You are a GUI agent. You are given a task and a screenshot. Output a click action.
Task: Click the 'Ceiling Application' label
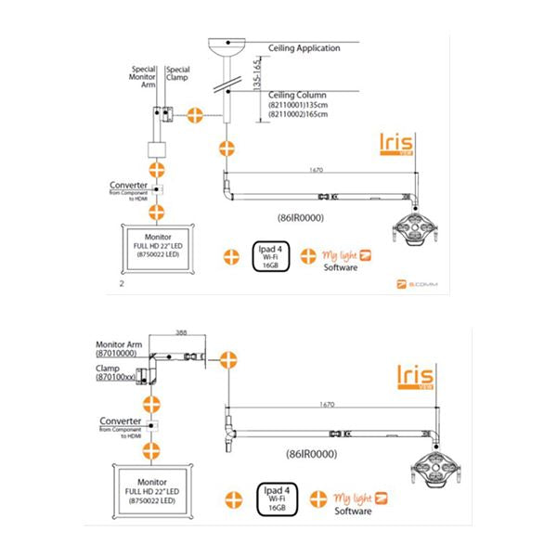coord(304,47)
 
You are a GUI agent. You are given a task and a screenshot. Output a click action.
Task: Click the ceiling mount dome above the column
coord(226,42)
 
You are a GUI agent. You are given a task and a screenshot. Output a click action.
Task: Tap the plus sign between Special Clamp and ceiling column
coord(195,115)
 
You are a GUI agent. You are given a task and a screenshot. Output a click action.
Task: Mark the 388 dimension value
coord(181,331)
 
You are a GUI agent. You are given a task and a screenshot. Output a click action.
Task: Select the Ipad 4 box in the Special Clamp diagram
coord(274,255)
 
